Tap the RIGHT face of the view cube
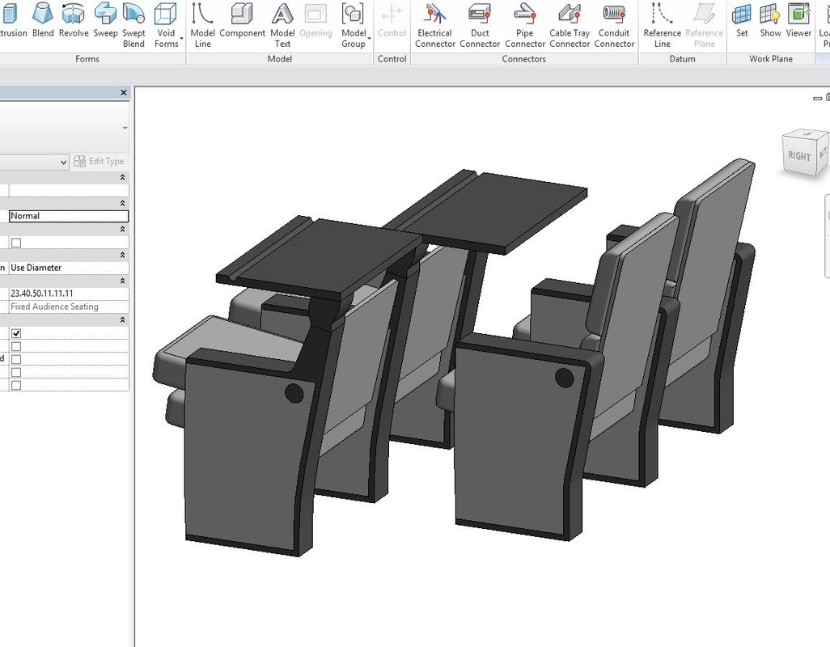tap(798, 155)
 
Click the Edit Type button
tap(99, 161)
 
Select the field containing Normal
tap(69, 216)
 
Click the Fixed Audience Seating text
tap(54, 307)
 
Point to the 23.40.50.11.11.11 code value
tap(42, 293)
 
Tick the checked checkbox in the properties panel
tap(16, 333)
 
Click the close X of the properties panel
tap(124, 93)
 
